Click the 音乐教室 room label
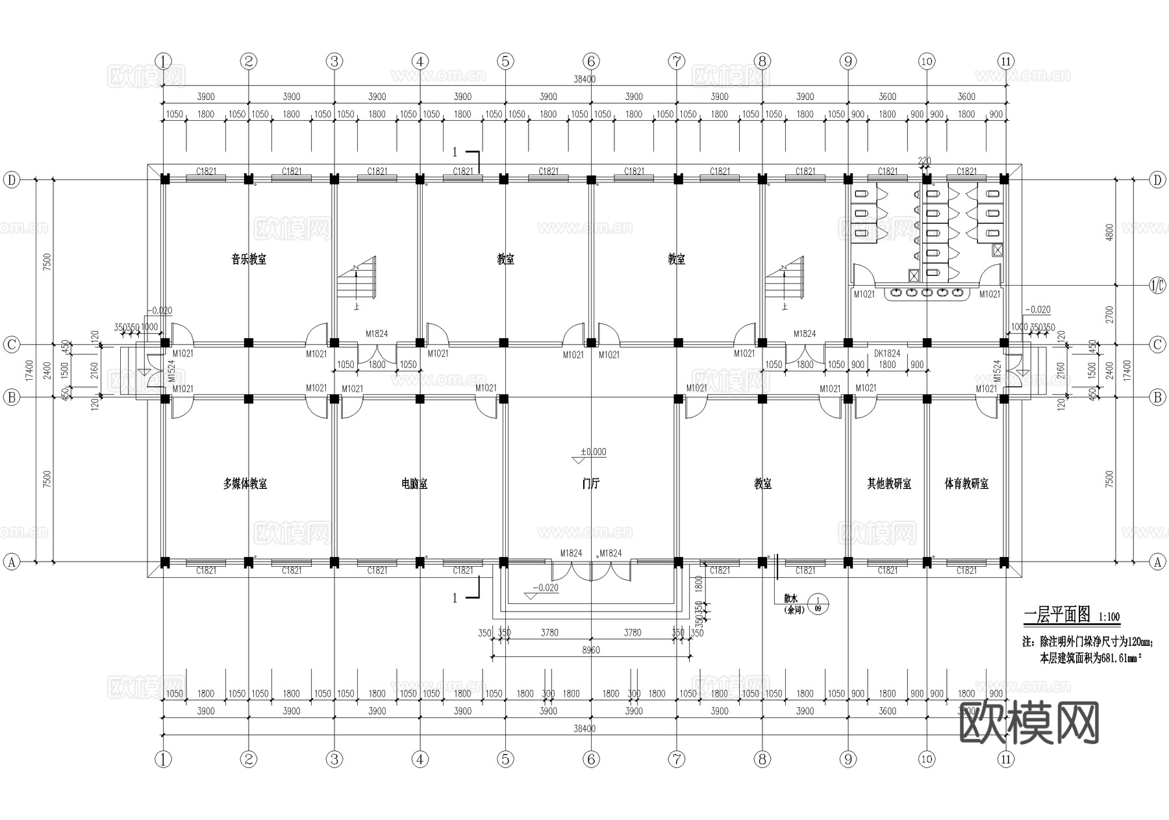pos(249,260)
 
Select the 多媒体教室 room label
pos(245,484)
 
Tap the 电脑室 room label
pos(414,484)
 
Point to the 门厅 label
pos(590,484)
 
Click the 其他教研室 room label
pos(889,484)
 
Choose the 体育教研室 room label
pos(966,484)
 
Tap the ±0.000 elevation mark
pos(593,452)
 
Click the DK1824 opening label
pos(887,354)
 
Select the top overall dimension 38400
pos(584,79)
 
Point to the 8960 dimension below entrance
pos(590,650)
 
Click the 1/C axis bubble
pos(1157,286)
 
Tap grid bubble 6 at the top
pos(591,62)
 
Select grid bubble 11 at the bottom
pos(1005,759)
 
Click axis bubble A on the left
pos(11,562)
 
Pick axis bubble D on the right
pos(1157,180)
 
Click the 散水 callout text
pos(790,600)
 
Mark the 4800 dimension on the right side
pos(1109,232)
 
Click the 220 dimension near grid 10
pos(924,160)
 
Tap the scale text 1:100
pos(1109,617)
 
